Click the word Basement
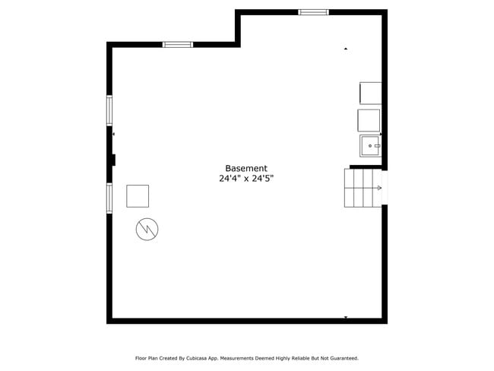tap(246, 168)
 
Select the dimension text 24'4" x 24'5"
tap(246, 179)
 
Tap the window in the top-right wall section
tap(313, 12)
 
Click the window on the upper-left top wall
tap(178, 45)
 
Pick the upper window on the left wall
tap(109, 110)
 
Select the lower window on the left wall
tap(109, 198)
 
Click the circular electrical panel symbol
tap(147, 229)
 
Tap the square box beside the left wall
tap(138, 195)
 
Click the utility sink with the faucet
tap(370, 145)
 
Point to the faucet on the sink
tap(377, 145)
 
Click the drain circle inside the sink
tap(370, 145)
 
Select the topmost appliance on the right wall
tap(371, 93)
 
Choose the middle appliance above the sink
tap(369, 120)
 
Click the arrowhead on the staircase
tap(378, 187)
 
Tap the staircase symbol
tap(363, 187)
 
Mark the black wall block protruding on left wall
tap(113, 160)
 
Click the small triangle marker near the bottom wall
tap(346, 317)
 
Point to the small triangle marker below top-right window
tap(346, 49)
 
